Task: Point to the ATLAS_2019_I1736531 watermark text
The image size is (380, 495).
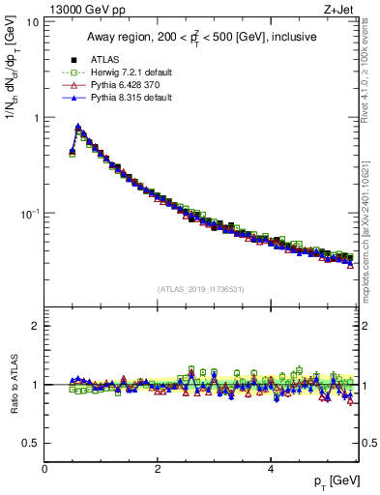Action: [201, 288]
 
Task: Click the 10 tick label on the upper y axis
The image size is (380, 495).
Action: [33, 22]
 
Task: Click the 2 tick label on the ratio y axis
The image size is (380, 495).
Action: [36, 326]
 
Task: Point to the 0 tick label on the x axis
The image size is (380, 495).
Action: [44, 468]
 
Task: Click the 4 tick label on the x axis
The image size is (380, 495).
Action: [271, 468]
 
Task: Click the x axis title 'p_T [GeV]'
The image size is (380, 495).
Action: [336, 481]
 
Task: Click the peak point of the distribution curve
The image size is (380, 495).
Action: [77, 127]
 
